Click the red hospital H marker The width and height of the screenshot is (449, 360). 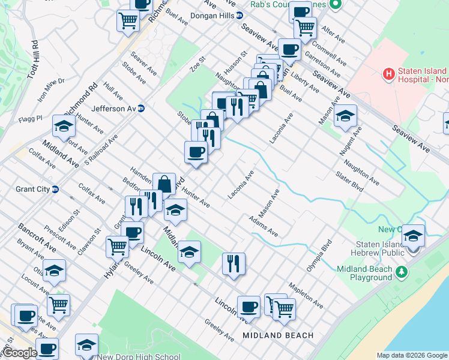click(388, 75)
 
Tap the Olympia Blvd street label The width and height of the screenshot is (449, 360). click(319, 256)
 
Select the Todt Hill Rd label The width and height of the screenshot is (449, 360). click(33, 59)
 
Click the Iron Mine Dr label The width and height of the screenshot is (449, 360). click(51, 89)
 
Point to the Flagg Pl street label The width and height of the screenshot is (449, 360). click(30, 118)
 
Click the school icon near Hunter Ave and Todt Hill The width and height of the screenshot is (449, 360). click(63, 126)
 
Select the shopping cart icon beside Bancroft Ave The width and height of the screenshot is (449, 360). click(59, 304)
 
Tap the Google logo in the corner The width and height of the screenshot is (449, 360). click(19, 353)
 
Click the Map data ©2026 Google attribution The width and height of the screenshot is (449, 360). click(412, 355)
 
